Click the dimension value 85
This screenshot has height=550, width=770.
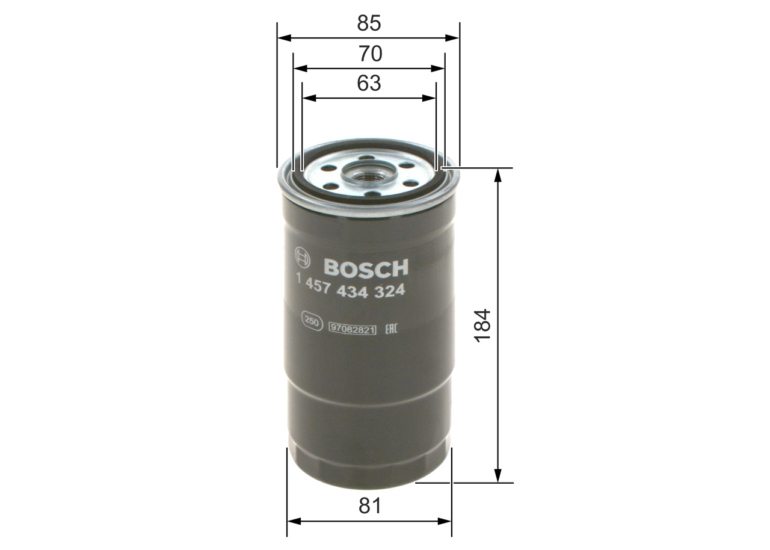pyautogui.click(x=369, y=23)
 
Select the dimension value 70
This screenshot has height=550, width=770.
pyautogui.click(x=370, y=54)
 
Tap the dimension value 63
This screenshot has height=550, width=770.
pyautogui.click(x=369, y=84)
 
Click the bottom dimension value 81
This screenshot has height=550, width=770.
pyautogui.click(x=370, y=506)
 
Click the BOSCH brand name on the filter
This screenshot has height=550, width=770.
pyautogui.click(x=366, y=267)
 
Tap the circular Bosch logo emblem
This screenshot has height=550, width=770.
pyautogui.click(x=302, y=259)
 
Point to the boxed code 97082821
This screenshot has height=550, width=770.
pyautogui.click(x=352, y=328)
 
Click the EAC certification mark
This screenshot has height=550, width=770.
pyautogui.click(x=389, y=327)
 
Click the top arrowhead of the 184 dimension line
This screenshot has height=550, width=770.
pyautogui.click(x=498, y=175)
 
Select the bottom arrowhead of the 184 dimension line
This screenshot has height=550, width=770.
pyautogui.click(x=498, y=477)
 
